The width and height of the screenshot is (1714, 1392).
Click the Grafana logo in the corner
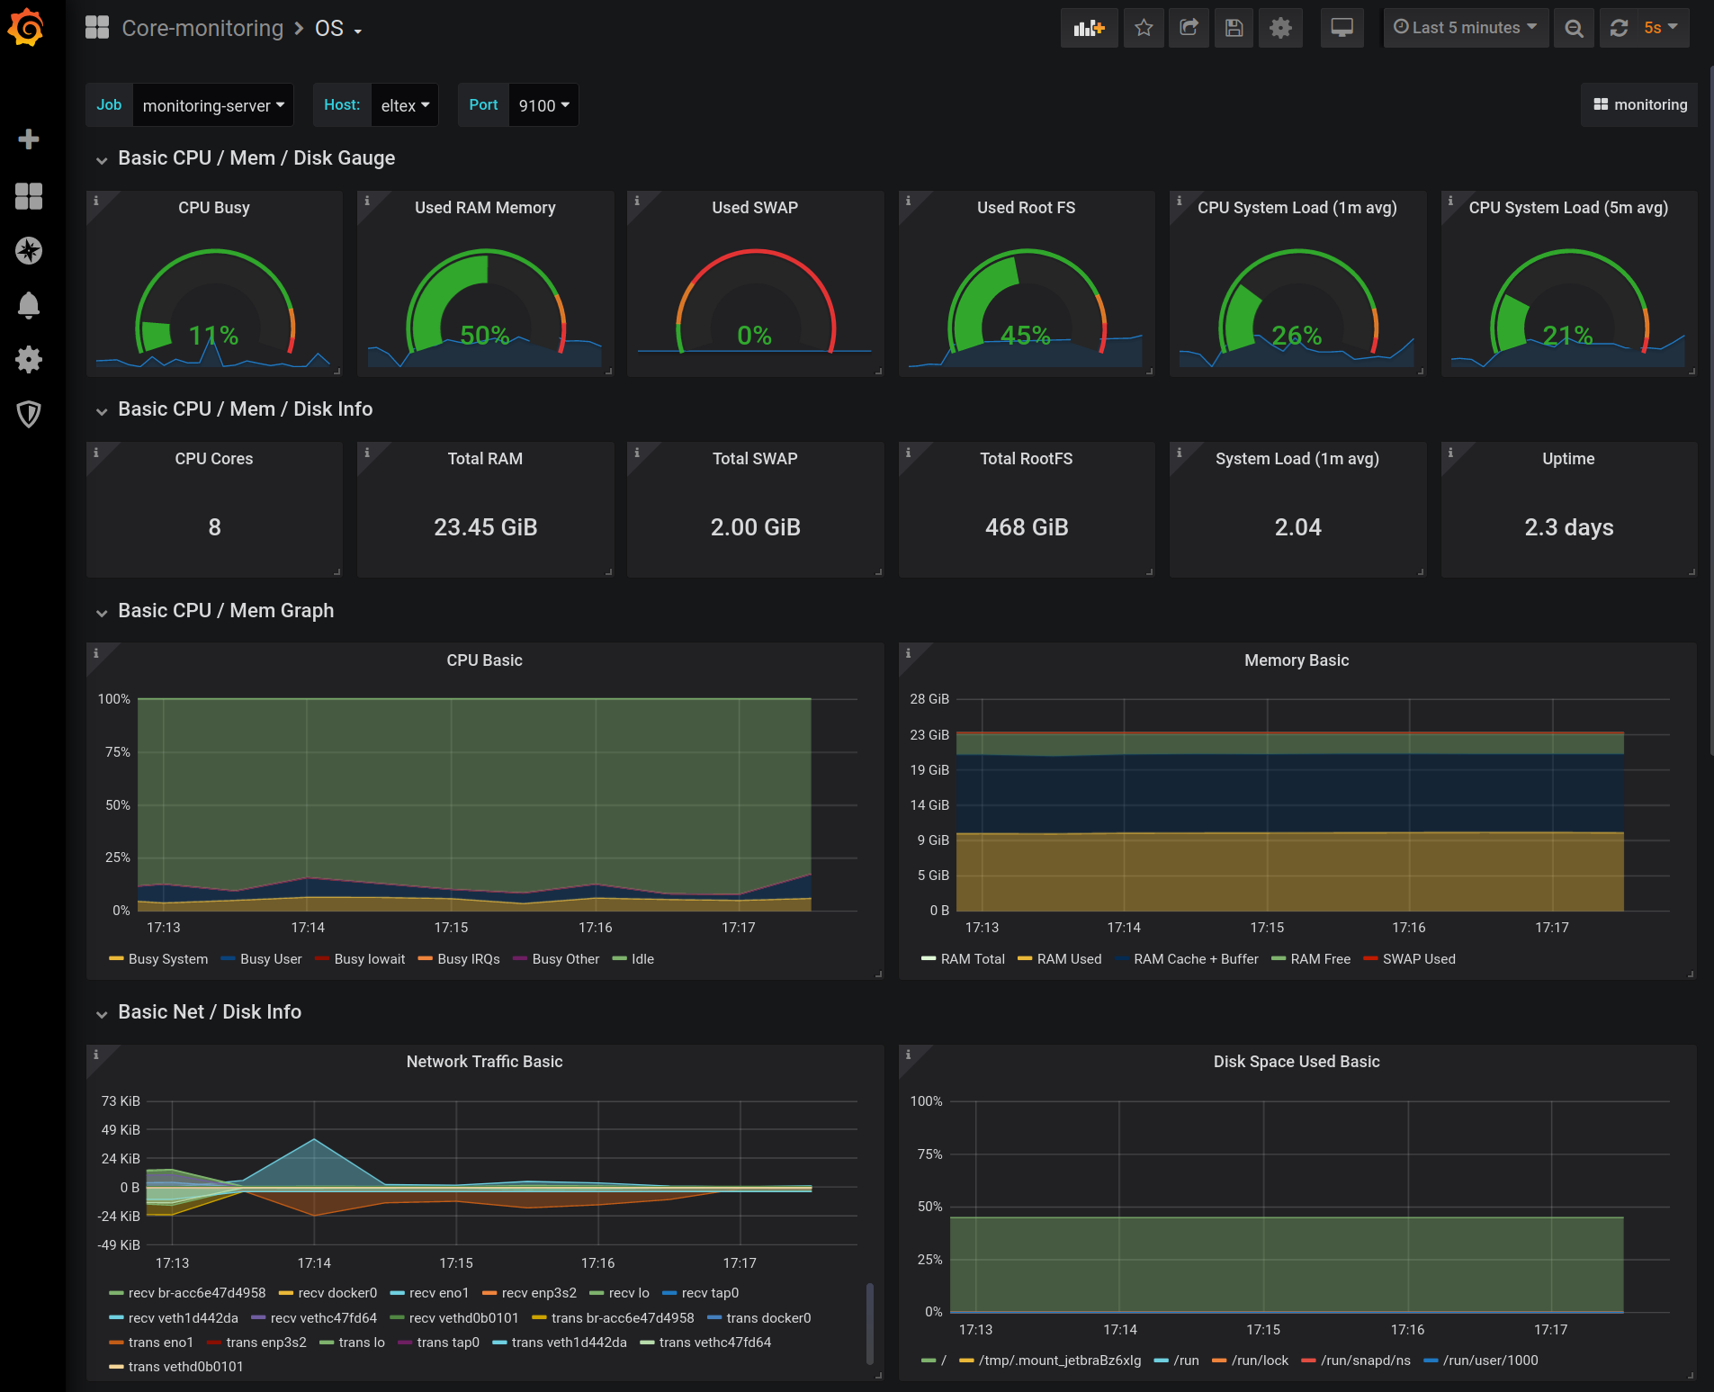[26, 27]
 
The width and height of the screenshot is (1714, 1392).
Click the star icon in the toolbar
[1144, 28]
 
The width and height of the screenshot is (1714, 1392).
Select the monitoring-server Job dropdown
[212, 106]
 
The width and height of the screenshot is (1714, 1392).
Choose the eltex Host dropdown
[404, 106]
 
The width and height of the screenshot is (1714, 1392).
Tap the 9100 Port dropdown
[543, 106]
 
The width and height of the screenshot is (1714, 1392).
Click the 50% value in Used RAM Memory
[485, 336]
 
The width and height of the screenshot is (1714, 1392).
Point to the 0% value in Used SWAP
[755, 336]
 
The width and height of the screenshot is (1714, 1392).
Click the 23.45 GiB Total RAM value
[485, 527]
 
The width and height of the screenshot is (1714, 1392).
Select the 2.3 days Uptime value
[1568, 527]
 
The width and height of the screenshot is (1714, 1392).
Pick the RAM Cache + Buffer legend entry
[1195, 959]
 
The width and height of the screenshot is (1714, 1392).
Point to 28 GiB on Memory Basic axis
[929, 699]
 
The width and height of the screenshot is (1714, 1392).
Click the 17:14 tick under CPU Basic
[308, 928]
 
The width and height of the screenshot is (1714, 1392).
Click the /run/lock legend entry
[1259, 1361]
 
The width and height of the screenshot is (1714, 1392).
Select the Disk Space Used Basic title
[1296, 1062]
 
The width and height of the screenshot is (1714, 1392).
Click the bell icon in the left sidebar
[29, 305]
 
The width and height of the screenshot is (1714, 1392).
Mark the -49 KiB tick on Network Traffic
[120, 1245]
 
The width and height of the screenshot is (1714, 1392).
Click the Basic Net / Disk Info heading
[210, 1012]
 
